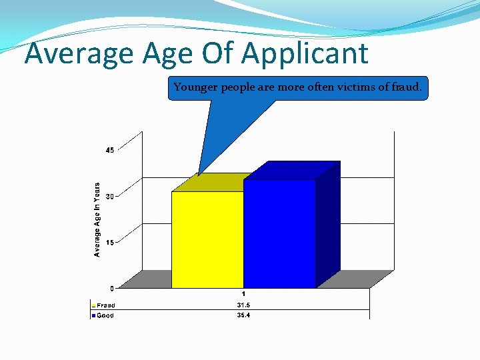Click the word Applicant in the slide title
coord(307,53)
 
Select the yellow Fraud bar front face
coord(207,239)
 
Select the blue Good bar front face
coord(279,233)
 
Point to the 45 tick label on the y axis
coord(110,150)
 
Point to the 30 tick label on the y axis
coord(110,196)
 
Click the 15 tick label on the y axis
coord(110,242)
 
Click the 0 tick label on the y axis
coord(111,288)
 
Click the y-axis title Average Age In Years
coord(97,219)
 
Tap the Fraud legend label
coord(106,305)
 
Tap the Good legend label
coord(105,315)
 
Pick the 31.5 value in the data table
coord(243,305)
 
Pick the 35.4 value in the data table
coord(243,315)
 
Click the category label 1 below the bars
coord(243,294)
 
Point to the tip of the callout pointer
coord(199,175)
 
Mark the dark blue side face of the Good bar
coord(327,223)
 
